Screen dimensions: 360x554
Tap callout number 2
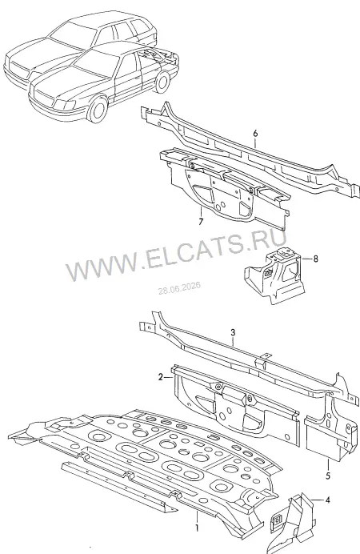tap(161, 378)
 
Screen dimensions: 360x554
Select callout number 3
tap(233, 332)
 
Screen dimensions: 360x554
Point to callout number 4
tap(328, 500)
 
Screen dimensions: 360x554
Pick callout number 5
tap(328, 476)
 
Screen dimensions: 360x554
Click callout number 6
tap(255, 133)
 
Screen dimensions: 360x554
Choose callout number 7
tap(201, 222)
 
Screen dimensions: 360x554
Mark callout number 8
tap(315, 259)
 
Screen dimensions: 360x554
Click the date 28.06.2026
tap(179, 288)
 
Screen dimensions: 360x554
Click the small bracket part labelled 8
tap(274, 275)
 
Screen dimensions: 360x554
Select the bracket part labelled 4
tap(292, 522)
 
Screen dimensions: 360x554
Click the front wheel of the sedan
tap(98, 110)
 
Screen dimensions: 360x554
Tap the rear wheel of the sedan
tap(162, 82)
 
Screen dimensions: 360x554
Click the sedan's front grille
tap(43, 96)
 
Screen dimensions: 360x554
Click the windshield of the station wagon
tap(72, 34)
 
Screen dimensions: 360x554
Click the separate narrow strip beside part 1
tap(119, 487)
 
